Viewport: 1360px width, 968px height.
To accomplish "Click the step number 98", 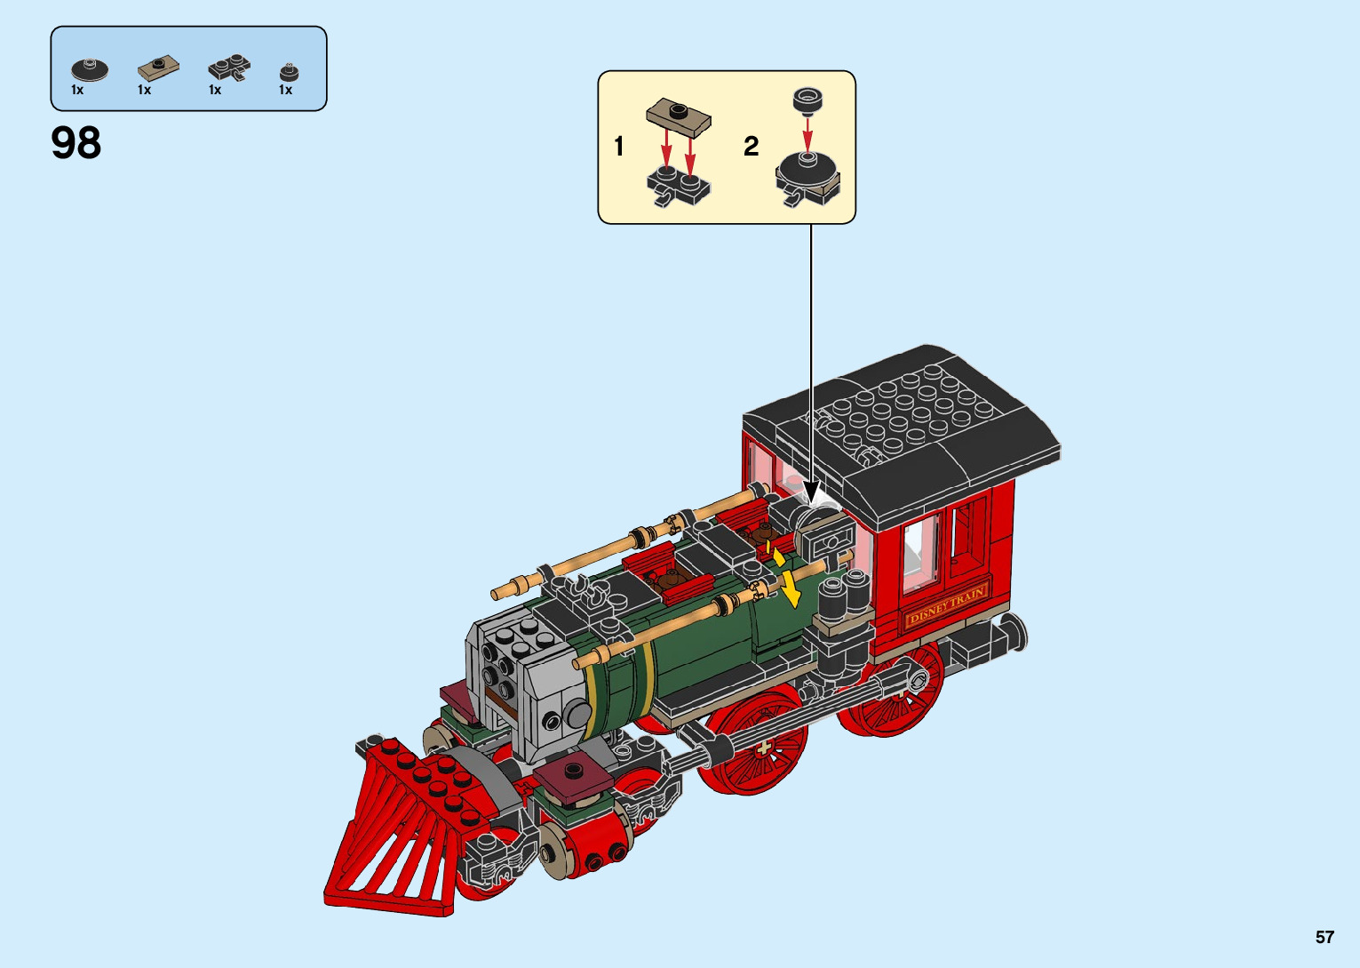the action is (x=76, y=143).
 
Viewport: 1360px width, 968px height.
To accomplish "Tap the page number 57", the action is (x=1324, y=937).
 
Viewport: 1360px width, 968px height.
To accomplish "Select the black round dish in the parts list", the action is (x=89, y=69).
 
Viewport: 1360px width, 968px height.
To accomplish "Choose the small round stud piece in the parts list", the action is (x=289, y=72).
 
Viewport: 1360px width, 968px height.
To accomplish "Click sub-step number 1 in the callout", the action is (x=619, y=146).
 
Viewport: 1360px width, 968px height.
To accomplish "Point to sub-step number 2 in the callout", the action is (x=751, y=146).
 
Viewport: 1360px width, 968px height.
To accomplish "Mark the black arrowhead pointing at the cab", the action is (x=811, y=491).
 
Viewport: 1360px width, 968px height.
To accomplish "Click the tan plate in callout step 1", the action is (x=679, y=115).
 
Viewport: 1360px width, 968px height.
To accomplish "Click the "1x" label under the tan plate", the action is (x=145, y=90).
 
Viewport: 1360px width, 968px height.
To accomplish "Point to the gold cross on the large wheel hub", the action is (x=763, y=748).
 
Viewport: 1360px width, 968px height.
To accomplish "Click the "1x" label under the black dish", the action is (x=77, y=90).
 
